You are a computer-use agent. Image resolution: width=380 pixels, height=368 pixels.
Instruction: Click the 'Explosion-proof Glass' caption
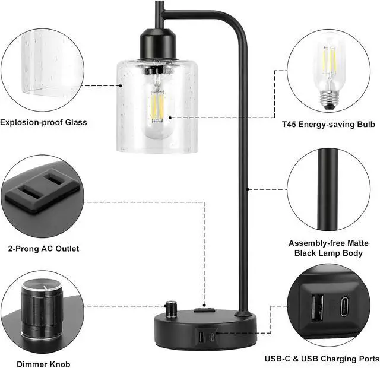[x=43, y=123]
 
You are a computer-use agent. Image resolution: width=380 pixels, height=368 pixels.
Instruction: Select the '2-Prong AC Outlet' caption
[x=43, y=249]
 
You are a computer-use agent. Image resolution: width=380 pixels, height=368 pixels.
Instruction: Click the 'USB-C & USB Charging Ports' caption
[x=322, y=359]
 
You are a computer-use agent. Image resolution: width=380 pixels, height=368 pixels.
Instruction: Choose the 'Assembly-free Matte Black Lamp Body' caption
[x=328, y=248]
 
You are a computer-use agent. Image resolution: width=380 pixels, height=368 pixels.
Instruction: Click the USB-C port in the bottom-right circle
[x=347, y=307]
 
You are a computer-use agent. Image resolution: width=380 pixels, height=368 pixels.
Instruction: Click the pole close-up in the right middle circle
[x=328, y=190]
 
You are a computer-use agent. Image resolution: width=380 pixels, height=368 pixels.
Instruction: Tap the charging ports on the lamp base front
[x=208, y=337]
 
